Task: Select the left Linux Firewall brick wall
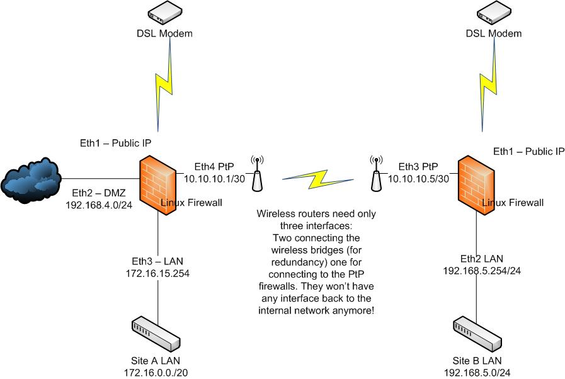click(157, 187)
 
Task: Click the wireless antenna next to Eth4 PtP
click(257, 174)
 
